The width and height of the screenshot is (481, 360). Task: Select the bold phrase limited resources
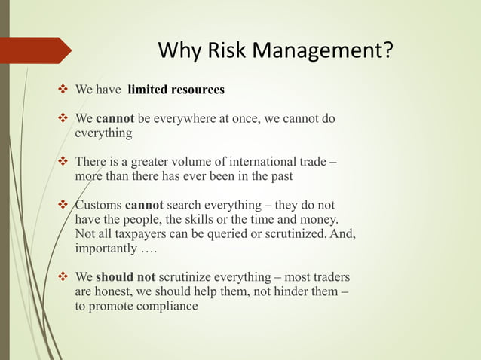176,90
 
